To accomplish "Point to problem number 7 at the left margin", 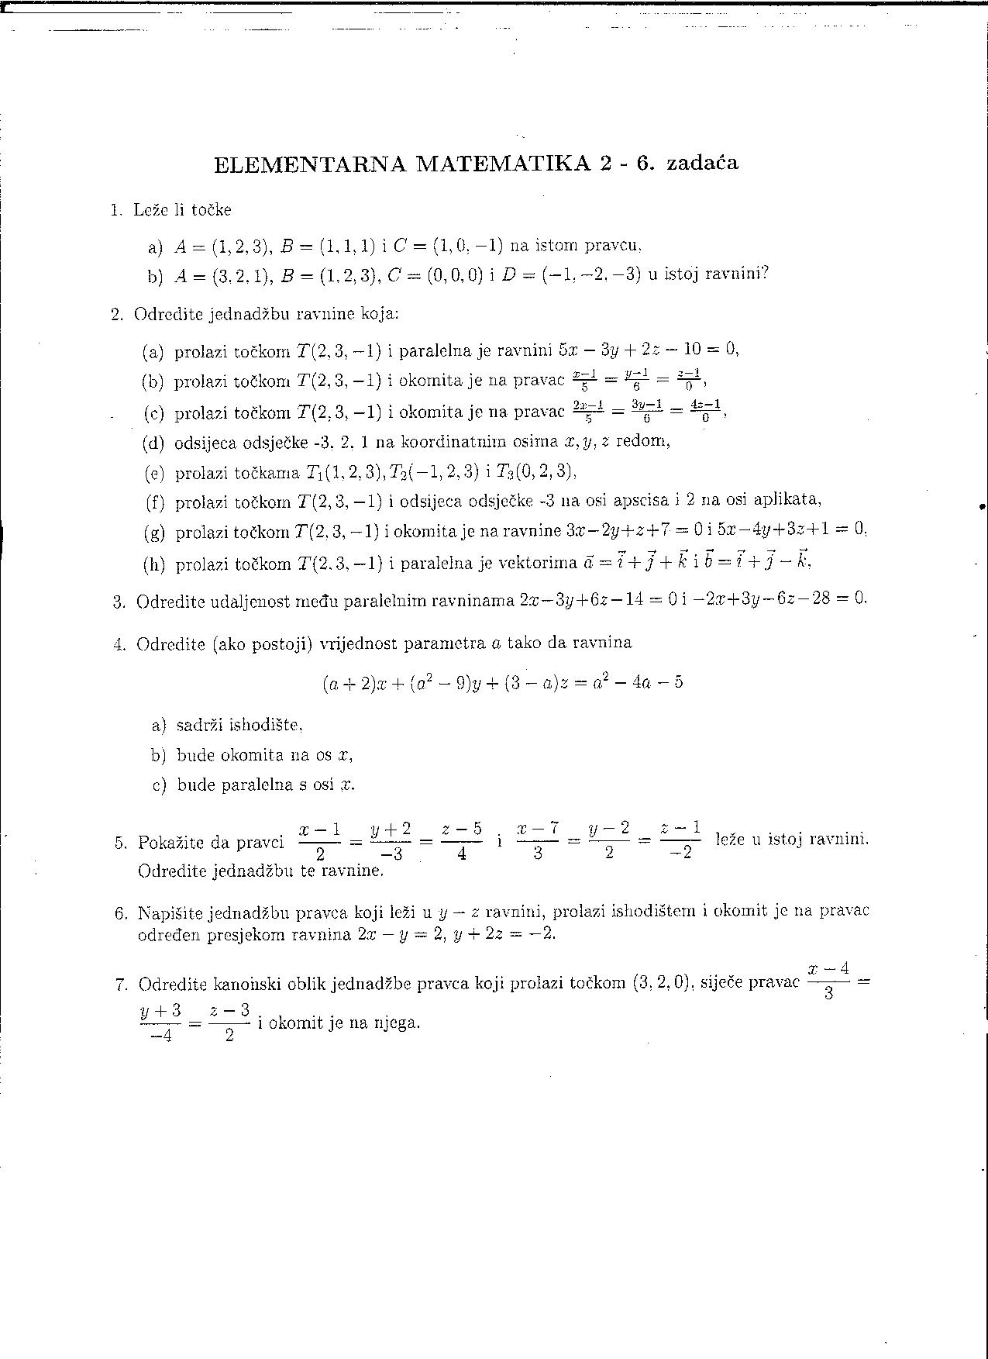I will (120, 985).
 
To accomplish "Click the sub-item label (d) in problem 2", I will (153, 442).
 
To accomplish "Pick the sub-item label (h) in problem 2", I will (154, 564).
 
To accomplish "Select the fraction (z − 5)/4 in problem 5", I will (461, 842).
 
